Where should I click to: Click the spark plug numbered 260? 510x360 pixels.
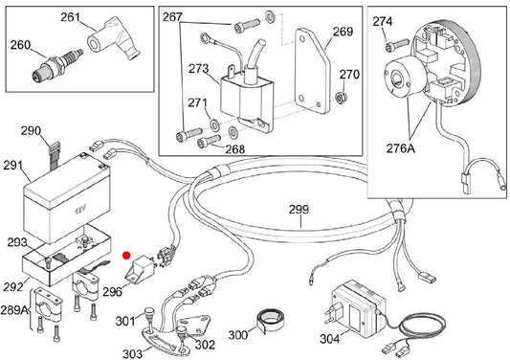(57, 65)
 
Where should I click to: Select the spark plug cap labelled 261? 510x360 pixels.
(113, 39)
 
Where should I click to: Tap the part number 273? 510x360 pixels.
(198, 69)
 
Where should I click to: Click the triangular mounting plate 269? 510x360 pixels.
(312, 71)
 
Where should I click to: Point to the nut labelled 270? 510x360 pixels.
(342, 98)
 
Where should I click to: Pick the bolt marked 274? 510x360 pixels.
(396, 45)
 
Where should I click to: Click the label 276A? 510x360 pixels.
(401, 148)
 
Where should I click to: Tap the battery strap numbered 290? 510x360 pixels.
(55, 154)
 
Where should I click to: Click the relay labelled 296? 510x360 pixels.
(141, 268)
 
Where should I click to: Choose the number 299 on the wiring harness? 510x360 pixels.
(299, 210)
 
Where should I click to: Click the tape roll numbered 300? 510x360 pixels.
(270, 320)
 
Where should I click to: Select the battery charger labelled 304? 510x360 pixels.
(359, 308)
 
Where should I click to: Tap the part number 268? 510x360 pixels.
(234, 149)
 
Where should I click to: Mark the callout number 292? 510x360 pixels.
(13, 286)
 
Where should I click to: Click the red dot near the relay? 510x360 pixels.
(126, 256)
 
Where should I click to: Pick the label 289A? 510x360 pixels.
(14, 309)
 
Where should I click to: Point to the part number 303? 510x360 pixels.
(132, 353)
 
